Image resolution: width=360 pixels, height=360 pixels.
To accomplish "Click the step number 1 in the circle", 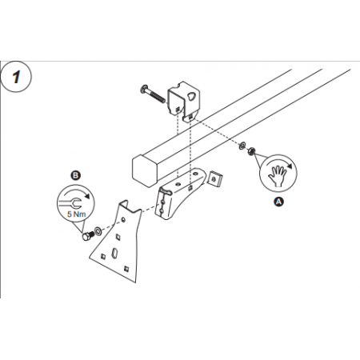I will [x=17, y=80].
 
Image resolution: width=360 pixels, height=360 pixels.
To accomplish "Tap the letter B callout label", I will [x=75, y=174].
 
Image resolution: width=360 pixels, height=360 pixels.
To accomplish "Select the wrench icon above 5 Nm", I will [x=74, y=200].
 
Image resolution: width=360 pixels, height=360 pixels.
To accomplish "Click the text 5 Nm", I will [x=74, y=214].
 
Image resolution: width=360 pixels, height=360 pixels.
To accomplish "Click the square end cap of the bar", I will [x=144, y=170].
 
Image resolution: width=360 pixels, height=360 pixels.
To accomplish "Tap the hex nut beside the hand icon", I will [x=250, y=149].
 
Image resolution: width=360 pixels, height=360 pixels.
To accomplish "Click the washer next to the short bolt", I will [x=97, y=230].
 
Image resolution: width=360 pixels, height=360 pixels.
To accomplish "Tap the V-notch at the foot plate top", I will [x=128, y=210].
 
